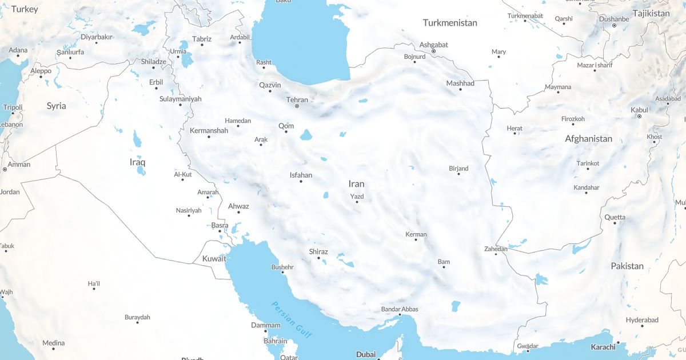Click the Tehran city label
click(297, 100)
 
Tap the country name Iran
click(356, 184)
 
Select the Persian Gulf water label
click(292, 319)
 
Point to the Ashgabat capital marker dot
click(433, 51)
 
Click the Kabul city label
click(639, 110)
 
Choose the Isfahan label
click(301, 175)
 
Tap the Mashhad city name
click(460, 83)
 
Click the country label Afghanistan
click(588, 139)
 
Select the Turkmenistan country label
click(450, 23)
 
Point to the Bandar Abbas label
click(400, 309)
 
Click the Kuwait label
click(214, 259)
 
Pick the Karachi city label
click(603, 347)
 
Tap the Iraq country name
click(138, 162)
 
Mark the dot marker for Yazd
click(357, 202)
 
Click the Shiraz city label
click(318, 251)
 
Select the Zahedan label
click(496, 249)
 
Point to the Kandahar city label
click(587, 187)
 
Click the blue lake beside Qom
click(306, 135)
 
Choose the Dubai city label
click(366, 354)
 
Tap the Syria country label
click(56, 106)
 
